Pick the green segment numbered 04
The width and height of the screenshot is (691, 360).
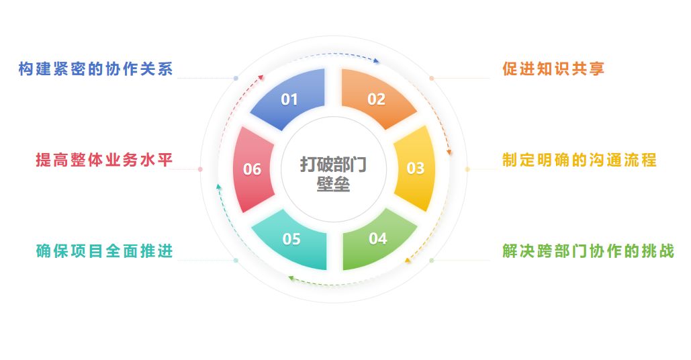[378, 238]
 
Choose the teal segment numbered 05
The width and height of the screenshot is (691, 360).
[291, 239]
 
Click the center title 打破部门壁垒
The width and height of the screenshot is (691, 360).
[334, 174]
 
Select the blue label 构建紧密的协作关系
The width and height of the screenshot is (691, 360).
[96, 70]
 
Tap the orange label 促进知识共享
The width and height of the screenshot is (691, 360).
[554, 69]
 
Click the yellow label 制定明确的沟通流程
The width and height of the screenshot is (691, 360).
[580, 161]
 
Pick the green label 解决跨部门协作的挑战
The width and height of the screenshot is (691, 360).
[588, 251]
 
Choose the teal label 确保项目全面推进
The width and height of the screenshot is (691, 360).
[105, 251]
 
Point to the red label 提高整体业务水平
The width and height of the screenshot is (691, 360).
[105, 161]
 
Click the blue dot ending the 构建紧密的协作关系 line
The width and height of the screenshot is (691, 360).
[236, 78]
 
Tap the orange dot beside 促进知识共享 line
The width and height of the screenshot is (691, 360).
[432, 78]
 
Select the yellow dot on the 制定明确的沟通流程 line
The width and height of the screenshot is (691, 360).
[468, 169]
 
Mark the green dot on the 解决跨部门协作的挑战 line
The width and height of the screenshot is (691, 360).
[432, 260]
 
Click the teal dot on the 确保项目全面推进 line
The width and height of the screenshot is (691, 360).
[236, 260]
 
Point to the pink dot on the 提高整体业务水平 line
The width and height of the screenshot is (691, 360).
[200, 169]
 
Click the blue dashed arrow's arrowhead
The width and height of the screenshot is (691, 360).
[377, 62]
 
